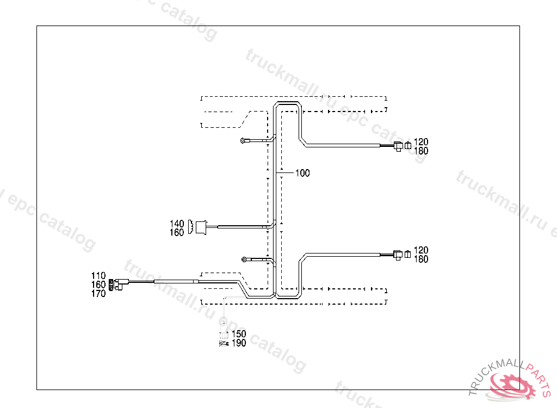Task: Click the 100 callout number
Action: click(x=302, y=174)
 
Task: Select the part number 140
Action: click(x=177, y=224)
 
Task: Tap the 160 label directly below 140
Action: click(x=177, y=233)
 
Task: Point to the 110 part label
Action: click(x=98, y=276)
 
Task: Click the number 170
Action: click(x=98, y=294)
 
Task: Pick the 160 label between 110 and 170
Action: click(x=98, y=285)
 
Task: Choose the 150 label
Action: click(x=239, y=334)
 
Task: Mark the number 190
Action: click(x=239, y=343)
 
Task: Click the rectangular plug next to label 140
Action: click(x=201, y=227)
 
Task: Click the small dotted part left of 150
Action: click(x=223, y=334)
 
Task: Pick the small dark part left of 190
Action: click(x=223, y=343)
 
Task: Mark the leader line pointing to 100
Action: click(x=286, y=174)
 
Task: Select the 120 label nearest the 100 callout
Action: click(x=421, y=143)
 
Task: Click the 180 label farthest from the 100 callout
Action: click(x=421, y=259)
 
